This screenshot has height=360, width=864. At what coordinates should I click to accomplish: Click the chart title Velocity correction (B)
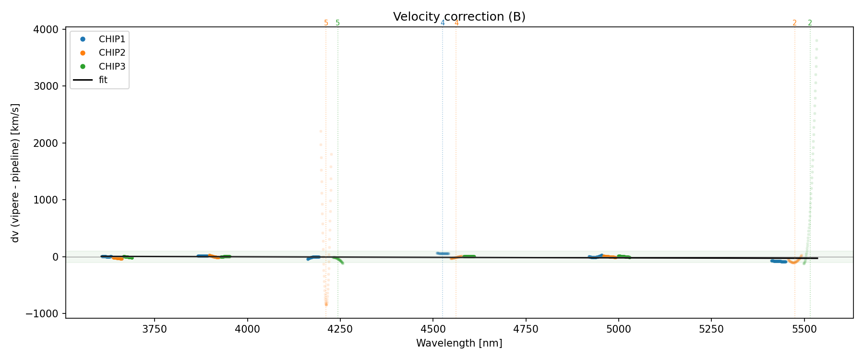tap(459, 17)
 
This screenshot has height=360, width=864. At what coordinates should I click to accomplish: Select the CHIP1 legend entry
tap(111, 39)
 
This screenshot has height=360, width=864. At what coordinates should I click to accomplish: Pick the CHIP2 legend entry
tap(111, 53)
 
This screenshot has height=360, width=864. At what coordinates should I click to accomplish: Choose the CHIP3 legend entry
tap(111, 67)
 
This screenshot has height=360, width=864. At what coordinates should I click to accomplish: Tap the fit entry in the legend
tap(103, 80)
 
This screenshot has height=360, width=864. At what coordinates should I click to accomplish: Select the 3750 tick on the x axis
tap(155, 330)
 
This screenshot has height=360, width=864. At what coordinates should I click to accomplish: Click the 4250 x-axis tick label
tap(340, 330)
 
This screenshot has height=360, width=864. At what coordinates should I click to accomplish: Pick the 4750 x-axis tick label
tap(526, 330)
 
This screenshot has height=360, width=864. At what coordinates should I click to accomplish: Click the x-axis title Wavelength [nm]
tap(459, 344)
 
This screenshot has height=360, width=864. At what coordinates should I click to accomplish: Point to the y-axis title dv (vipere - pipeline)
tap(15, 173)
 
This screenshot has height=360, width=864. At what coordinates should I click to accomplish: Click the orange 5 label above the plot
tap(326, 23)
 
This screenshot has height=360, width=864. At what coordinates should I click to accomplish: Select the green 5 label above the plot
tap(337, 23)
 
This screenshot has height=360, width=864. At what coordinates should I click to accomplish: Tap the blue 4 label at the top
tap(443, 23)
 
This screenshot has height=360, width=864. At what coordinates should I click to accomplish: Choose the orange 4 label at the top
tap(456, 23)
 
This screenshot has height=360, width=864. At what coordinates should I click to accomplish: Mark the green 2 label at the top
tap(810, 23)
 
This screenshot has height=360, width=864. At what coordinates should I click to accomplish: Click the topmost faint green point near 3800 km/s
tap(816, 40)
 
